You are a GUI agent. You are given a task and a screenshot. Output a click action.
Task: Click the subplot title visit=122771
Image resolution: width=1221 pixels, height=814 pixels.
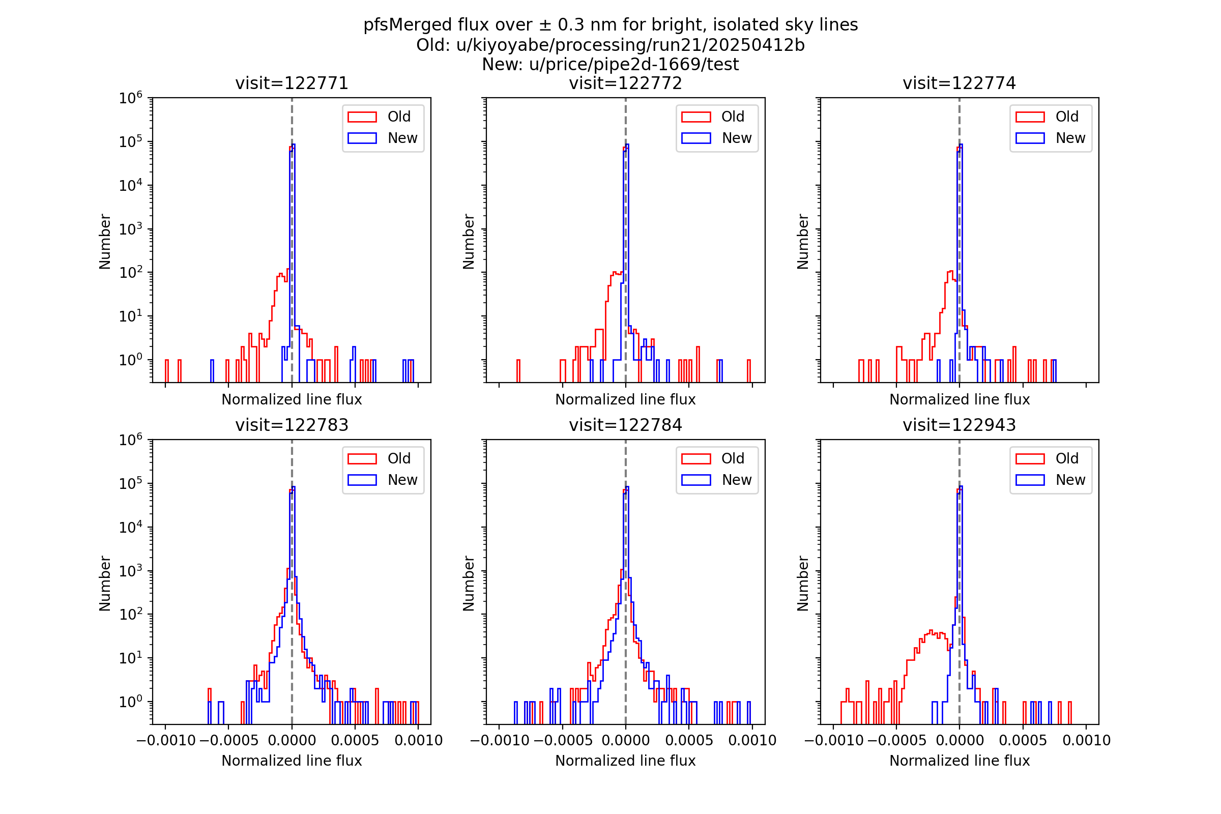[292, 83]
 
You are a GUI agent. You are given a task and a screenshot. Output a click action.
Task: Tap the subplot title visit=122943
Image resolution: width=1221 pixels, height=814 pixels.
[959, 425]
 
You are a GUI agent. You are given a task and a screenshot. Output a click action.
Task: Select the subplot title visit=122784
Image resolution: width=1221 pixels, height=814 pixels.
[625, 425]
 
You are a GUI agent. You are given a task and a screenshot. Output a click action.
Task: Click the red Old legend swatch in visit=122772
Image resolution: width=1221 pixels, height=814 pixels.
[695, 117]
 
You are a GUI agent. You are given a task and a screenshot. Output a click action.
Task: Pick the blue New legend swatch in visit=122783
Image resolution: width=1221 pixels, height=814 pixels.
[362, 480]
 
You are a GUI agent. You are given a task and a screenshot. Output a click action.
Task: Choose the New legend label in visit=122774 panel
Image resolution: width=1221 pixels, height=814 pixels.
[1070, 138]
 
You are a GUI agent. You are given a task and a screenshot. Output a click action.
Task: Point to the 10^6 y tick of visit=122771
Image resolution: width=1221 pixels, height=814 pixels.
[130, 98]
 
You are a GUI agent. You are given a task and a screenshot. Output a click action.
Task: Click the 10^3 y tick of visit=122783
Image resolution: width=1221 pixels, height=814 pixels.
[130, 571]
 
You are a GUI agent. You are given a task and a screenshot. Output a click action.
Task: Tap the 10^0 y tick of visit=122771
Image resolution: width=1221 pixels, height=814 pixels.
[130, 360]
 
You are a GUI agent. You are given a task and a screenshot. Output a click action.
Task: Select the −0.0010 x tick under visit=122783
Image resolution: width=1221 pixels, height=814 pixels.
[166, 740]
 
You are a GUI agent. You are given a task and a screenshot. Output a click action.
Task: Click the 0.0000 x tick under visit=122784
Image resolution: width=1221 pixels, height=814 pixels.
[625, 740]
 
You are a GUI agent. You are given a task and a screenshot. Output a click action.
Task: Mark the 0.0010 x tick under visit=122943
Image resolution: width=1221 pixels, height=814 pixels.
[1086, 740]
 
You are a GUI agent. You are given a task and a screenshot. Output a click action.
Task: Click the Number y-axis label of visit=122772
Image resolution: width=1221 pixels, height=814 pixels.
[469, 241]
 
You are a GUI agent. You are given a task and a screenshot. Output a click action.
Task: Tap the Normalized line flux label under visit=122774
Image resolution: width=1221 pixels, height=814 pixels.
[960, 400]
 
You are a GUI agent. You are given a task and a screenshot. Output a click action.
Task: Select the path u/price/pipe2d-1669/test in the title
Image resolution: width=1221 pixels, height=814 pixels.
[633, 65]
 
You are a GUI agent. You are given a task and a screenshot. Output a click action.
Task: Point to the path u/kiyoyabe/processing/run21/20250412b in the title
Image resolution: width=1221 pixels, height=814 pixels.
[630, 45]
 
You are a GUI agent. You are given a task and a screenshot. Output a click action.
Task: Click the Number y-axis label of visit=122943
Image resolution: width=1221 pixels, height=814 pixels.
[803, 584]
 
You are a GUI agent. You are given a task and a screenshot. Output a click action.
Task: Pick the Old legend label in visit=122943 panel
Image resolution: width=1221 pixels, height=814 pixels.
[1066, 458]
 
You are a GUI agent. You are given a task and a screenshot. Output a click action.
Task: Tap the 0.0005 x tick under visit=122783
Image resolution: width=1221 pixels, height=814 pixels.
[355, 740]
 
